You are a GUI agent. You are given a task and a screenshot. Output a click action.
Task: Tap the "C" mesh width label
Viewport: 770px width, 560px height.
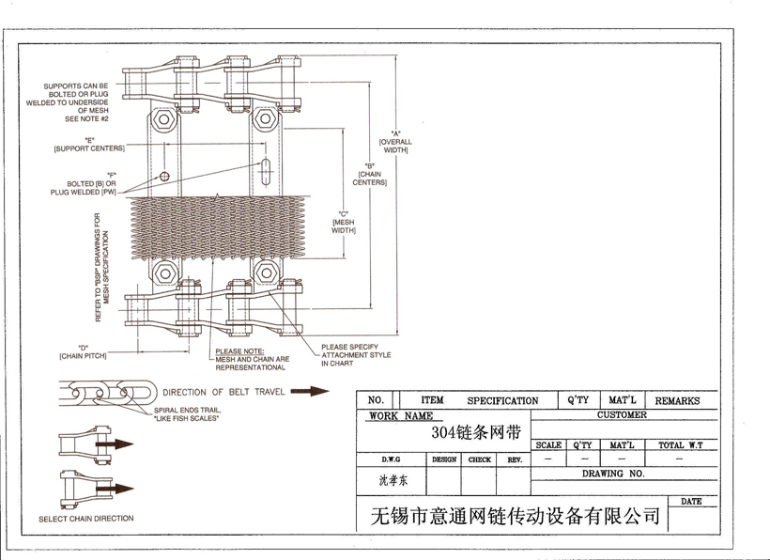point(344,222)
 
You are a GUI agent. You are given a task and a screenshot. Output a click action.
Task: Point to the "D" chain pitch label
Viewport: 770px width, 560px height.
point(83,352)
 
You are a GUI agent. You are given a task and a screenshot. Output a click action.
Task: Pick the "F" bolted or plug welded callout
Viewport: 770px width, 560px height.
point(85,183)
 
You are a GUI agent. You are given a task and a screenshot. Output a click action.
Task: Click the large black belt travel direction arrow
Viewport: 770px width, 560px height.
point(310,392)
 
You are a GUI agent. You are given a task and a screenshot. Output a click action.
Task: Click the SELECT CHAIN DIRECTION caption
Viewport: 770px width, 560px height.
point(85,519)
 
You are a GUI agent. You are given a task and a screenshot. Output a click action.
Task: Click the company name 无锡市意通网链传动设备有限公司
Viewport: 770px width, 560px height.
point(516,516)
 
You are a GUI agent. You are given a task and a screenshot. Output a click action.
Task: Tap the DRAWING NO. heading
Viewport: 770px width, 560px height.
point(613,474)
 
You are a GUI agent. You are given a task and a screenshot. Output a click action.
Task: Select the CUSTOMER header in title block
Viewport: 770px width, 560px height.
point(622,414)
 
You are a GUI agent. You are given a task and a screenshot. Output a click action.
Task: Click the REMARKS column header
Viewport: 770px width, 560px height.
point(677,400)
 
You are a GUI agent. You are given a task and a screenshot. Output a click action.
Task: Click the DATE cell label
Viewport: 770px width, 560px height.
point(691,502)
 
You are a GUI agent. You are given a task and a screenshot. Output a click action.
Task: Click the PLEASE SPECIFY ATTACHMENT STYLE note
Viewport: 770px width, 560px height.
point(356,354)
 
